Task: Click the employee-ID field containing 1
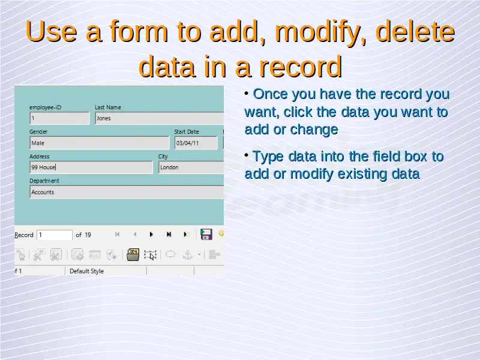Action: click(59, 118)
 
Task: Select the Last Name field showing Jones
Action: click(160, 118)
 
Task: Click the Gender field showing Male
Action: click(100, 143)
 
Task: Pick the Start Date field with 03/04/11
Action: click(196, 143)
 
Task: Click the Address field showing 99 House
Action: click(91, 167)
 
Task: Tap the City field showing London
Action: click(191, 167)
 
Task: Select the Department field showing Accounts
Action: click(127, 192)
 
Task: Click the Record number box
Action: click(55, 235)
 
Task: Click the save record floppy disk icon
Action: click(206, 234)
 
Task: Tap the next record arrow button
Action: click(151, 235)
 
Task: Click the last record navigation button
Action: click(169, 235)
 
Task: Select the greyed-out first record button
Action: click(117, 235)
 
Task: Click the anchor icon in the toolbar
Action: click(187, 254)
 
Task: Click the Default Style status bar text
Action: click(86, 271)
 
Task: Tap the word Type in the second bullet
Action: click(268, 157)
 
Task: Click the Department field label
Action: click(44, 181)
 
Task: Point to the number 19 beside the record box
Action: click(88, 235)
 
